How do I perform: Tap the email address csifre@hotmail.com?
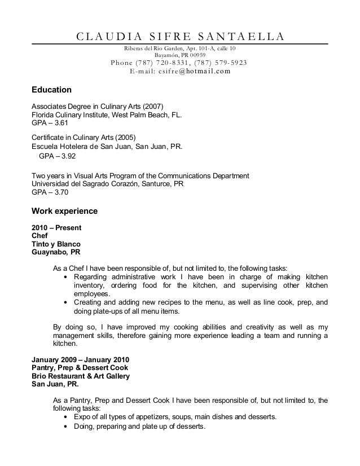pyautogui.click(x=181, y=72)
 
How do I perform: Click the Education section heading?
pyautogui.click(x=51, y=90)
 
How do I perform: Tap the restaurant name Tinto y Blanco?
pyautogui.click(x=56, y=244)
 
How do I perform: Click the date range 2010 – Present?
pyautogui.click(x=56, y=228)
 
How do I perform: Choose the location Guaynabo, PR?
pyautogui.click(x=55, y=252)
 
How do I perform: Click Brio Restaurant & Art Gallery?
pyautogui.click(x=80, y=376)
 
